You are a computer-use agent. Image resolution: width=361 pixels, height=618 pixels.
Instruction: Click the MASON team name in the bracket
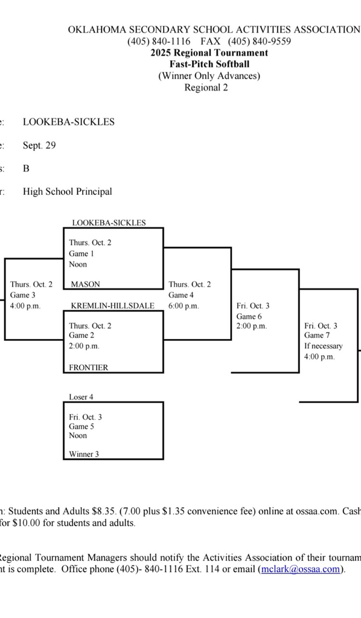(86, 284)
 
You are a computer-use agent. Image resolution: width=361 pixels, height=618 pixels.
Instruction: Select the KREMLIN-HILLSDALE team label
(112, 305)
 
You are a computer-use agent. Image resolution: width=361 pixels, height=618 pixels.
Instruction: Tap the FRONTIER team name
(89, 367)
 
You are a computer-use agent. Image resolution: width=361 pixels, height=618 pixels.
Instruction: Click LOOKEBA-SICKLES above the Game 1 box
(109, 223)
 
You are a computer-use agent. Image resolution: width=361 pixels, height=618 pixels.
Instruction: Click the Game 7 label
(317, 336)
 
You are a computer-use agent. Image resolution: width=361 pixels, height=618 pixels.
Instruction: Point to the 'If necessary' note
(323, 346)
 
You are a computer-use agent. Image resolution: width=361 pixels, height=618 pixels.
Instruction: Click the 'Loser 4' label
(81, 397)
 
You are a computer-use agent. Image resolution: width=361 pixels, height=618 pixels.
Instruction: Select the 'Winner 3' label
(84, 454)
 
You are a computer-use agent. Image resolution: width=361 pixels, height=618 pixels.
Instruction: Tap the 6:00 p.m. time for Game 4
(184, 306)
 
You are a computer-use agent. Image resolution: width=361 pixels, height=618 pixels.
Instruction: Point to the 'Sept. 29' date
(39, 145)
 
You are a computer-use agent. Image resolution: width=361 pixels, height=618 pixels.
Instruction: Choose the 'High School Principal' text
(68, 191)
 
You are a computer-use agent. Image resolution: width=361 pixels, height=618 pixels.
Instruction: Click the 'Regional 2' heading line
(206, 88)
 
